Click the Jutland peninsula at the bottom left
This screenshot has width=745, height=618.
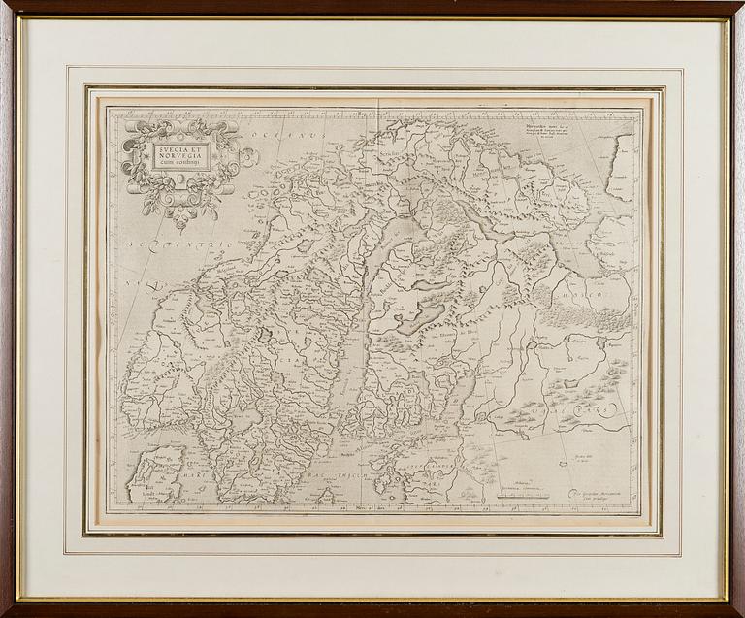[155, 475]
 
